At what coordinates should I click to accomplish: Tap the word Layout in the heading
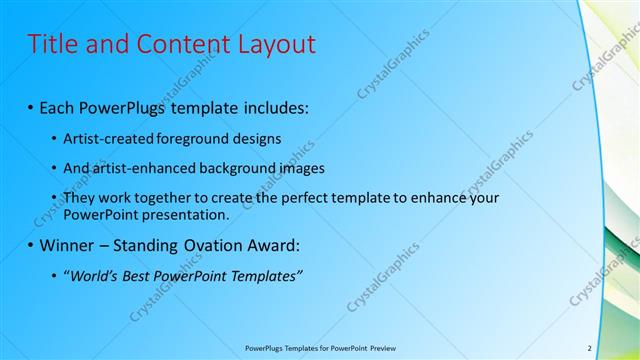(274, 44)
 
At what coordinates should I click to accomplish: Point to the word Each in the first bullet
(57, 106)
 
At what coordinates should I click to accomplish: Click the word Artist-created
(105, 139)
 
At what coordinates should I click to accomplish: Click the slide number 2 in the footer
(589, 347)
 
